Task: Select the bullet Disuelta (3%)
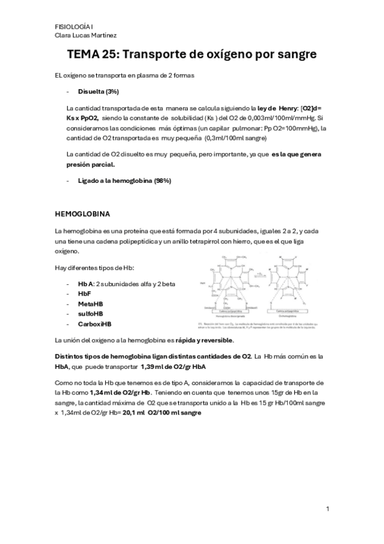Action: [x=98, y=91]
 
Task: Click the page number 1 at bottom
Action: [x=327, y=509]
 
